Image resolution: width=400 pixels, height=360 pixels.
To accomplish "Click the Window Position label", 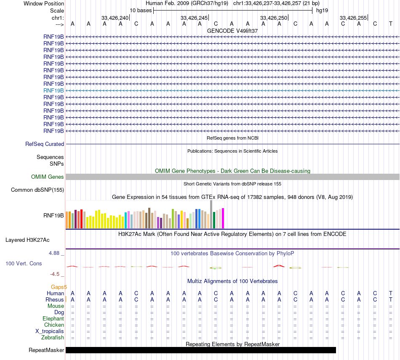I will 44,3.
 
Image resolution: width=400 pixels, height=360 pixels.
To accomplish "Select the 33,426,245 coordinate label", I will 194,18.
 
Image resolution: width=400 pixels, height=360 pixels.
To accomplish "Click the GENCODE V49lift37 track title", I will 232,31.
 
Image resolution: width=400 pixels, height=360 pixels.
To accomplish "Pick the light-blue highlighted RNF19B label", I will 53,90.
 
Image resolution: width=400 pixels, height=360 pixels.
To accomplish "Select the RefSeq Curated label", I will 45,144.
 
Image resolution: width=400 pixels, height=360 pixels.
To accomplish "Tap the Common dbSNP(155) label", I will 37,190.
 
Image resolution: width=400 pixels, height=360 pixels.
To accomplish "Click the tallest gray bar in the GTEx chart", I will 211,214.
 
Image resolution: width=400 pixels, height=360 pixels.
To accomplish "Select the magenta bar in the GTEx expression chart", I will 223,218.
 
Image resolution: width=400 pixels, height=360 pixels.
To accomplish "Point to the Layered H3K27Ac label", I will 27,240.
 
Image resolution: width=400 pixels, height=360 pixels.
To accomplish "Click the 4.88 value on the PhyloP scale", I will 54,253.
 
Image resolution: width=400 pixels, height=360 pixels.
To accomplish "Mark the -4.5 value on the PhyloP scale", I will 55,274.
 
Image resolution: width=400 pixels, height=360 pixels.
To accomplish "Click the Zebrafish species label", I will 53,337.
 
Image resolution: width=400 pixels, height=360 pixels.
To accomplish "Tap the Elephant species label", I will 53,318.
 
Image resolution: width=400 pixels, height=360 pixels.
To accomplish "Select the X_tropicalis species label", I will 50,331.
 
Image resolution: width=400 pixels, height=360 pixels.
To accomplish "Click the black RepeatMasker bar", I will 200,350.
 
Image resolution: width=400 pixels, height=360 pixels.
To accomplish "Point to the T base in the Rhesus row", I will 391,299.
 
